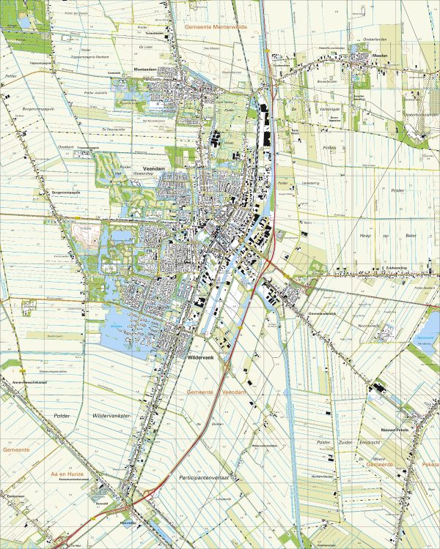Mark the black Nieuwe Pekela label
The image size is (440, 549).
click(x=393, y=430)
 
